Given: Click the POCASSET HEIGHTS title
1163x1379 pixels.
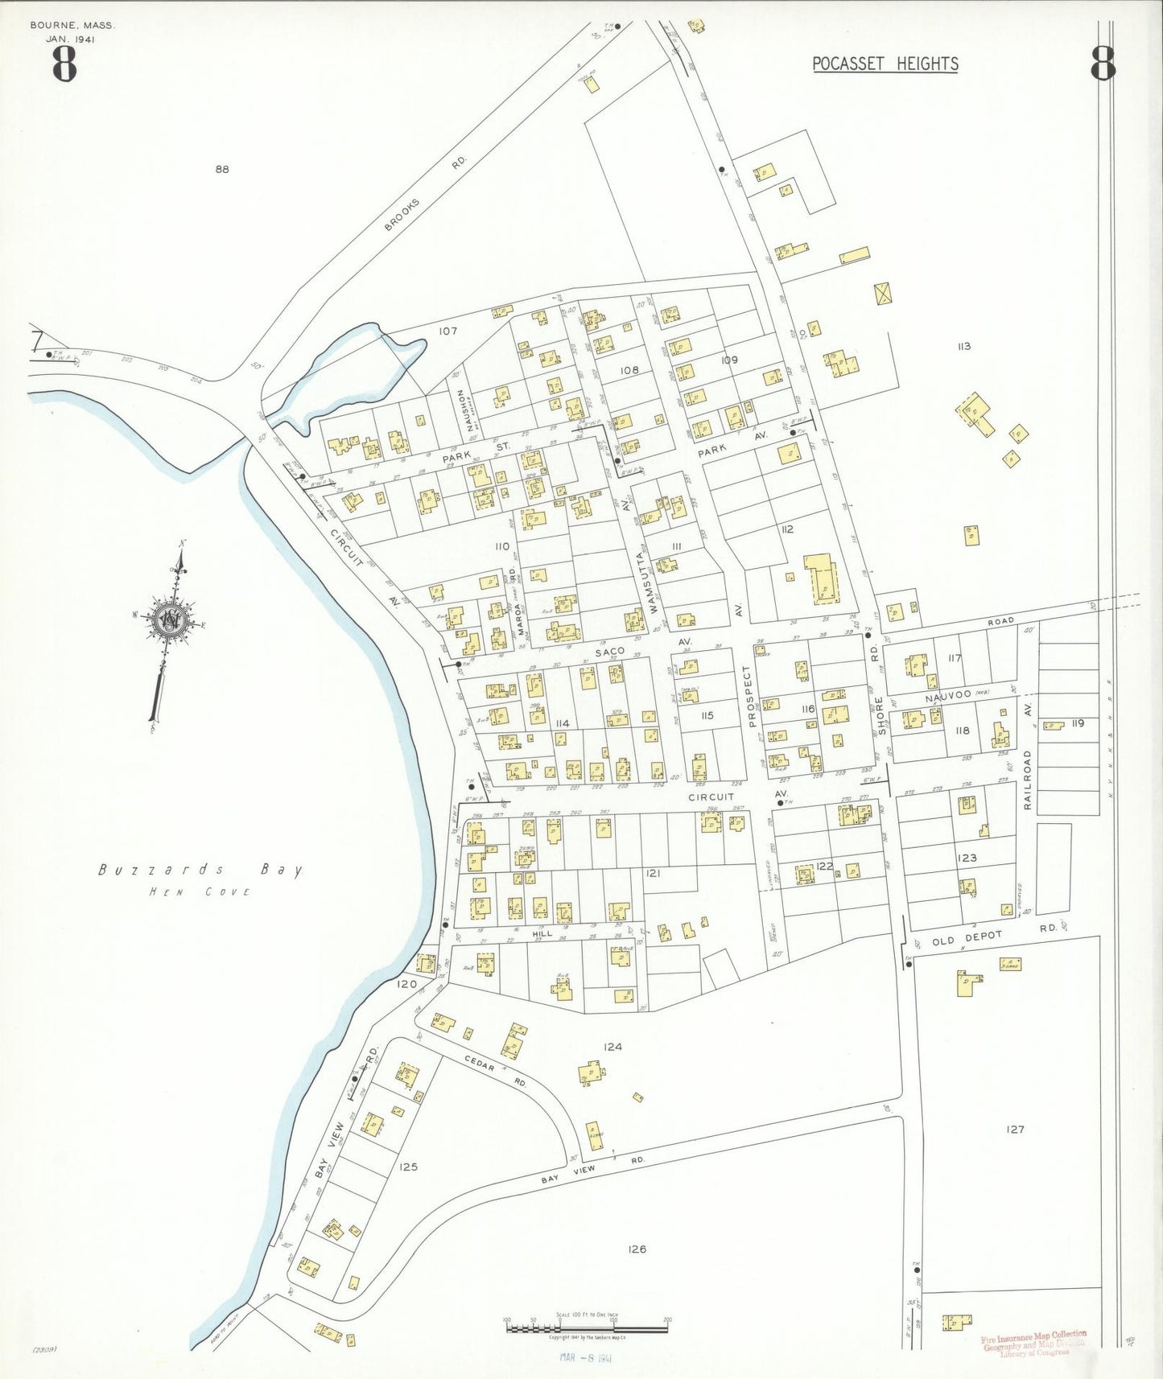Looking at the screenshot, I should [885, 64].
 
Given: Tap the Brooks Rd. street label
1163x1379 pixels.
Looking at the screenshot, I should [425, 193].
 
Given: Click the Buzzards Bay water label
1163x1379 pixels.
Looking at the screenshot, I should [201, 870].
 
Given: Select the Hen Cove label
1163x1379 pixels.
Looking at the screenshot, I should [200, 891].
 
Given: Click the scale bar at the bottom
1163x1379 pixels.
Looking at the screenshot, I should [587, 1326].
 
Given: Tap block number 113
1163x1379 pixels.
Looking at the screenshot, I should [963, 346].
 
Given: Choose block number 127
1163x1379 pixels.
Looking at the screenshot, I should [1016, 1130].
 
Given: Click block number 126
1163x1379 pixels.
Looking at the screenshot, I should [637, 1249].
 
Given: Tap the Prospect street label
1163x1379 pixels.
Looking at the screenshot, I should [747, 697].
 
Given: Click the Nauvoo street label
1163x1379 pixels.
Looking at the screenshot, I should [945, 698].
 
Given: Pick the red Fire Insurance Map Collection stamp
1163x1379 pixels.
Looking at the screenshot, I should [1033, 1344].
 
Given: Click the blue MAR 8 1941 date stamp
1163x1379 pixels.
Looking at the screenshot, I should [587, 1358].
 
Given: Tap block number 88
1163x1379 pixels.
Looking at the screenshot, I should [222, 169].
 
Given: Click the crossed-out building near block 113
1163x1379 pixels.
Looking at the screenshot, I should [884, 293].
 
